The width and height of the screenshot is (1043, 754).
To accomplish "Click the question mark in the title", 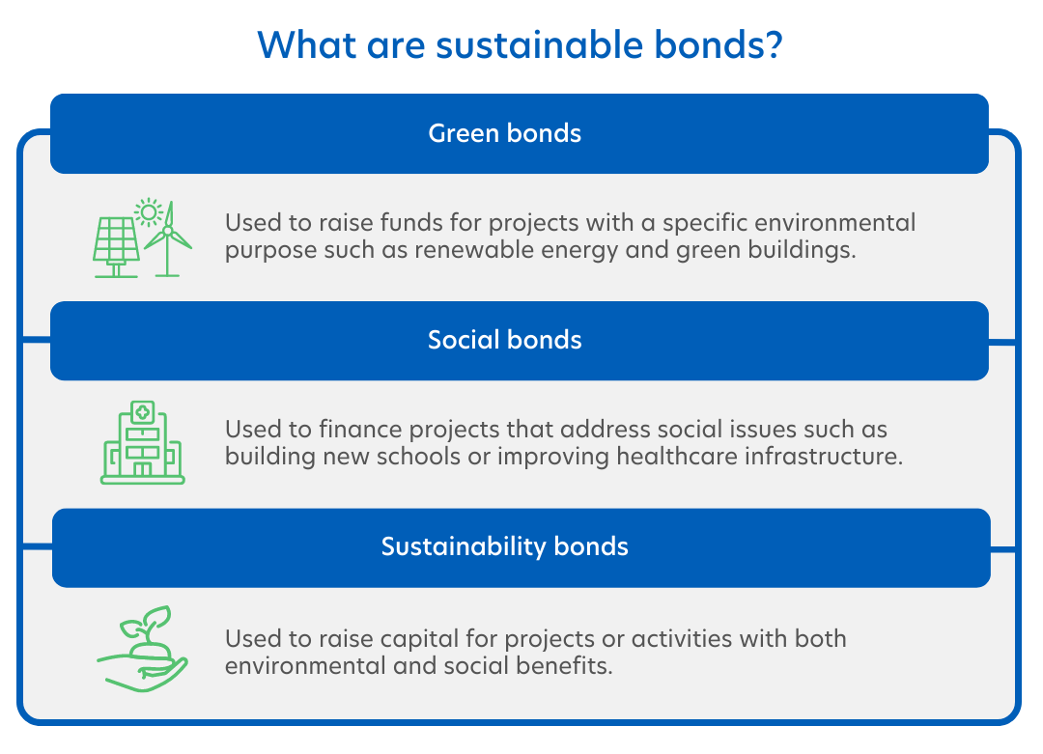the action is point(772,44).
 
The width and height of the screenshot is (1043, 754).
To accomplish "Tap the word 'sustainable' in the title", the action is point(540,44).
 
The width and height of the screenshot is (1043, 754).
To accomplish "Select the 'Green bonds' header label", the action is point(505,133).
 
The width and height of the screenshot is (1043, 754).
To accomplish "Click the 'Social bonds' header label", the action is point(505,340).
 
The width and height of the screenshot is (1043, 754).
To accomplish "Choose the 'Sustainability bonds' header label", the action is point(505,546).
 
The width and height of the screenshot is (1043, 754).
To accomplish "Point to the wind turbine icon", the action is point(168,239).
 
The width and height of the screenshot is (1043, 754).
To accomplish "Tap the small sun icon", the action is point(149,212).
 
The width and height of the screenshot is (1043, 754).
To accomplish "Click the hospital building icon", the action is point(142,442).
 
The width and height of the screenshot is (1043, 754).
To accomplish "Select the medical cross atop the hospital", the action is point(142,412).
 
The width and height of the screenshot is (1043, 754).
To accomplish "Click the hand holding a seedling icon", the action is point(142,649).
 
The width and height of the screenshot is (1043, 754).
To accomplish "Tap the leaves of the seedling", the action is point(147,623).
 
